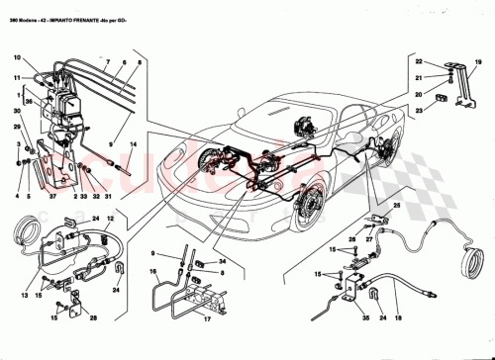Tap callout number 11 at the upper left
(18, 76)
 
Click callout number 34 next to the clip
(222, 262)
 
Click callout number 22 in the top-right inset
(419, 62)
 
